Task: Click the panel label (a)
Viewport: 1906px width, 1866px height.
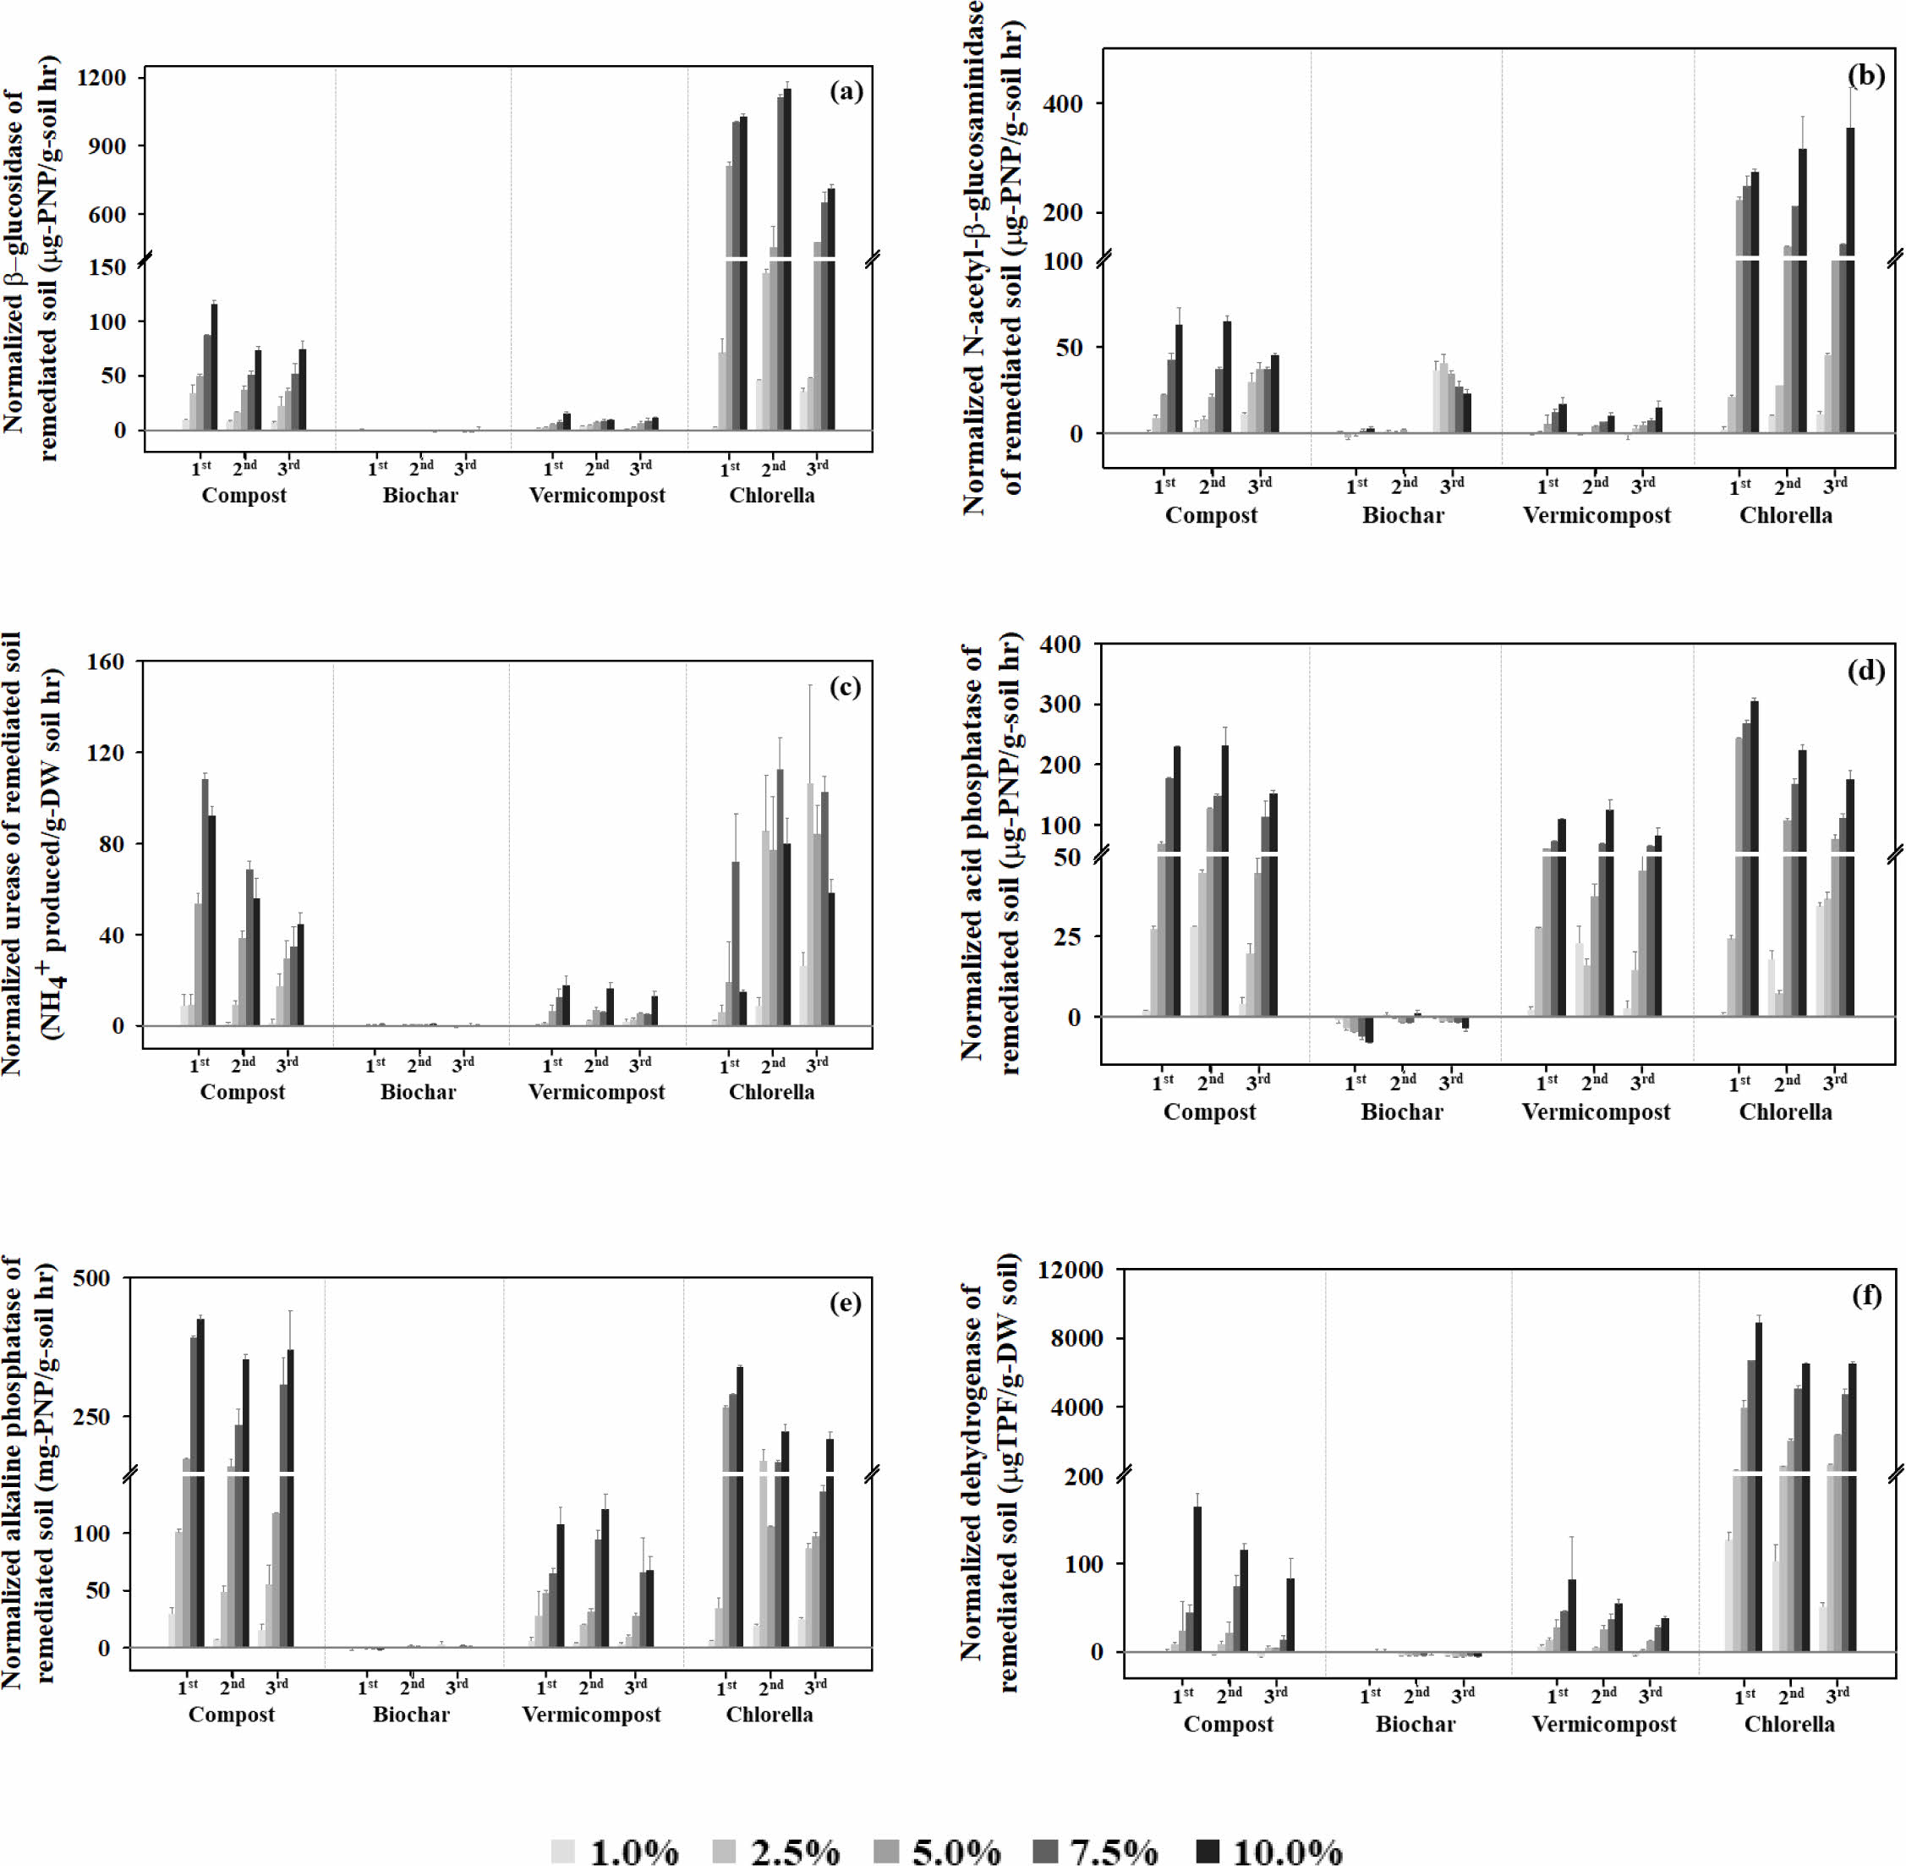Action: pos(846,92)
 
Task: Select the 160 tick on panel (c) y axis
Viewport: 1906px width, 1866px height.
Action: pos(105,662)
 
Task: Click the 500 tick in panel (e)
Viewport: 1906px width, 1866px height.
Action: pos(91,1279)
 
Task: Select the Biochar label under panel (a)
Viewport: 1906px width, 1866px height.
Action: pos(419,495)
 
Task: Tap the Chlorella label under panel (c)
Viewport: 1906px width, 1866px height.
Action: pos(771,1092)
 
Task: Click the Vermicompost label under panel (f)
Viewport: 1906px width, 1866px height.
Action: pos(1604,1724)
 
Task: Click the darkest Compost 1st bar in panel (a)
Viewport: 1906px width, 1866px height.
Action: pos(215,367)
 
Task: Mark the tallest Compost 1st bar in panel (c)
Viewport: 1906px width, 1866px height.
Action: pos(205,902)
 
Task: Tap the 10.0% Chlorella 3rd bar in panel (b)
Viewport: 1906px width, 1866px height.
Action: pos(1850,284)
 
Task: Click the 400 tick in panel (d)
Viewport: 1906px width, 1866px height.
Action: pos(1061,645)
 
